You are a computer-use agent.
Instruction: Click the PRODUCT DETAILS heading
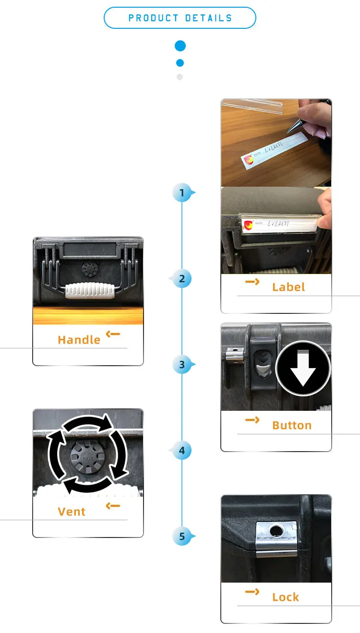pyautogui.click(x=180, y=18)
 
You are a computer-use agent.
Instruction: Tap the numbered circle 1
pyautogui.click(x=182, y=193)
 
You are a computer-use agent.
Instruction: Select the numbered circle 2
pyautogui.click(x=182, y=279)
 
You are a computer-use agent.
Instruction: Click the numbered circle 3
pyautogui.click(x=182, y=365)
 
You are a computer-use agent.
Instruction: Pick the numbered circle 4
pyautogui.click(x=182, y=451)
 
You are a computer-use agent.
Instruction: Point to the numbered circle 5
pyautogui.click(x=182, y=536)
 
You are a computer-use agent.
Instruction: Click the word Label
pyautogui.click(x=288, y=287)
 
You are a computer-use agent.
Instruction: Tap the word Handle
pyautogui.click(x=79, y=340)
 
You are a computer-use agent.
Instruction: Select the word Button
pyautogui.click(x=292, y=425)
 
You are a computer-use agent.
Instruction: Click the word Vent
pyautogui.click(x=72, y=512)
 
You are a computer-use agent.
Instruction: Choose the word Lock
pyautogui.click(x=286, y=597)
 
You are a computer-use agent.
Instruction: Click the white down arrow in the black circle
pyautogui.click(x=303, y=369)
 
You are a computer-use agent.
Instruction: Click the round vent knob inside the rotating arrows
pyautogui.click(x=87, y=457)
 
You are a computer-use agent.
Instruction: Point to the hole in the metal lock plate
pyautogui.click(x=276, y=531)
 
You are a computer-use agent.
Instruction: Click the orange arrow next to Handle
pyautogui.click(x=113, y=334)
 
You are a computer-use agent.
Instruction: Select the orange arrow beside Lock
pyautogui.click(x=252, y=592)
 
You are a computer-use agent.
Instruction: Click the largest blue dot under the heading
pyautogui.click(x=180, y=46)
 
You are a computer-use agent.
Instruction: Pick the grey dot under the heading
pyautogui.click(x=180, y=77)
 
